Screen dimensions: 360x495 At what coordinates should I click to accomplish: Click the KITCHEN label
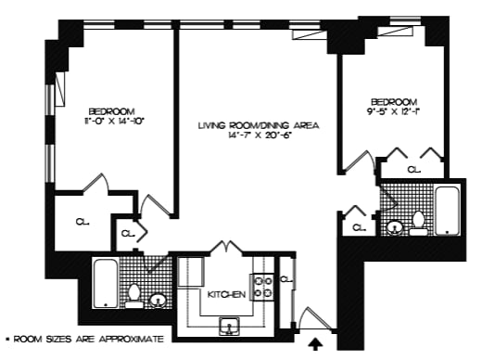(x=226, y=294)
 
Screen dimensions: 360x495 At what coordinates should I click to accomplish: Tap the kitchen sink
(x=228, y=325)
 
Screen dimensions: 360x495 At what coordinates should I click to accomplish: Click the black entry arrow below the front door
(x=317, y=344)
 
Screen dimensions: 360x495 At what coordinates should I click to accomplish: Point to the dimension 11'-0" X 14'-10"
(x=114, y=121)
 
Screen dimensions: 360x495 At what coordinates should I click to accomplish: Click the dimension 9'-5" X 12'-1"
(x=393, y=112)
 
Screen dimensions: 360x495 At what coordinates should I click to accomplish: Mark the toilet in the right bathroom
(x=418, y=223)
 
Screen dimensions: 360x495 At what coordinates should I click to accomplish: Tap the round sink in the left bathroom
(x=158, y=300)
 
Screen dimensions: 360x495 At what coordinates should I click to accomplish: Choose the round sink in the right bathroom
(x=394, y=225)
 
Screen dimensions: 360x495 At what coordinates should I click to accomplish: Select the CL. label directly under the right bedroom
(x=412, y=170)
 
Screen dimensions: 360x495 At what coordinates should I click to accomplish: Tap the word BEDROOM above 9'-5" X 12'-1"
(x=393, y=101)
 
